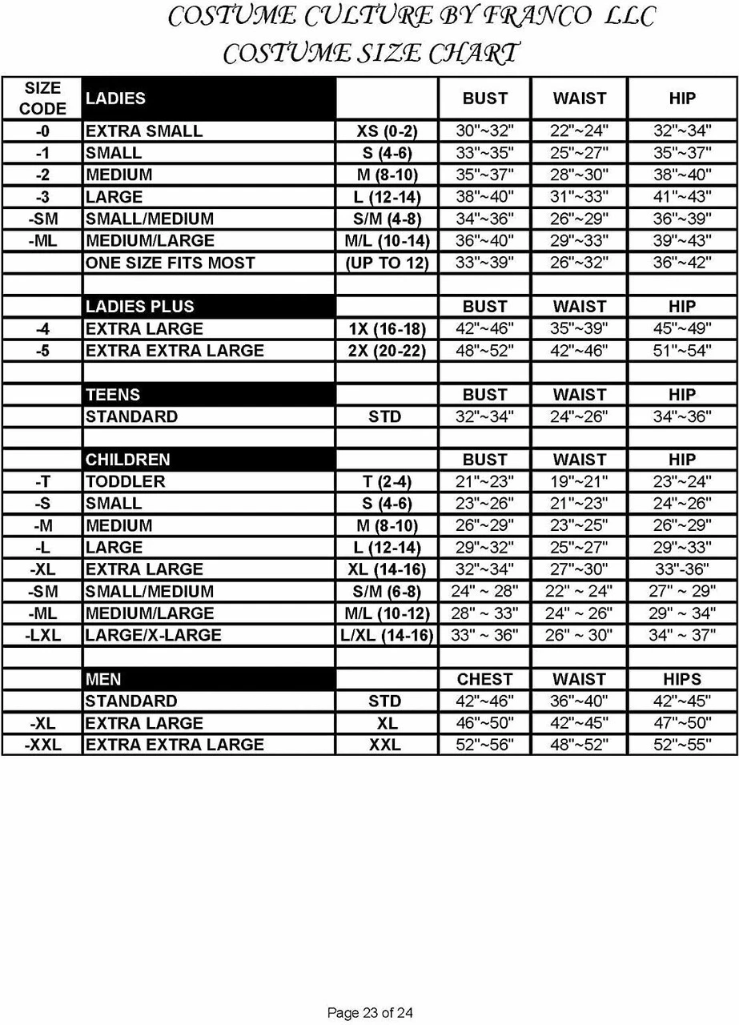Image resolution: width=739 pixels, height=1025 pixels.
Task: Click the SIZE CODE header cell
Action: tap(42, 98)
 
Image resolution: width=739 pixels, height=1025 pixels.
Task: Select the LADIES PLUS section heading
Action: tap(139, 307)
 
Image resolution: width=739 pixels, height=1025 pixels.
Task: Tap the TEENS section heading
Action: tap(112, 395)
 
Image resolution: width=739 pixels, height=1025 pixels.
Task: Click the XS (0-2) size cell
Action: tap(386, 131)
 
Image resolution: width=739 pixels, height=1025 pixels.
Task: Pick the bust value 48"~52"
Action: tap(484, 351)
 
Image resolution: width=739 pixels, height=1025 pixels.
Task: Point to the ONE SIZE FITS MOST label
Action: tap(170, 263)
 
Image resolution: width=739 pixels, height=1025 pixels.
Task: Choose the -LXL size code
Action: tap(42, 635)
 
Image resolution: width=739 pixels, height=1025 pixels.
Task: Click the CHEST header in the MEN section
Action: tap(484, 679)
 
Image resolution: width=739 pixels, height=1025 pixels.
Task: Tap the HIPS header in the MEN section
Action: tap(682, 679)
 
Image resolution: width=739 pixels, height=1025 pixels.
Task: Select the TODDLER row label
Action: tap(125, 481)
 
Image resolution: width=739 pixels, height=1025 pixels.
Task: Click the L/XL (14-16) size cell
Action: tap(387, 635)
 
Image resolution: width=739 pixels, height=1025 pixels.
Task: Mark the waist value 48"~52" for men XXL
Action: tap(580, 745)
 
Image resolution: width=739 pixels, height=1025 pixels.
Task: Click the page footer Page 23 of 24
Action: tap(370, 1013)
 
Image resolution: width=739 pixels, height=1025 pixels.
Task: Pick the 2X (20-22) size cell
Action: tap(387, 351)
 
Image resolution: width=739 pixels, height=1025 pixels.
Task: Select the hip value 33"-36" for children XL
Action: tap(682, 569)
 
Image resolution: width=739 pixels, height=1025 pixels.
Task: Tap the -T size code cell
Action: tap(42, 481)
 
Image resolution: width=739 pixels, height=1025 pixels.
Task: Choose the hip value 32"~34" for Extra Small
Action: tap(682, 131)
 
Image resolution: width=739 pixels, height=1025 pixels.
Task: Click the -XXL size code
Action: tap(42, 745)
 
